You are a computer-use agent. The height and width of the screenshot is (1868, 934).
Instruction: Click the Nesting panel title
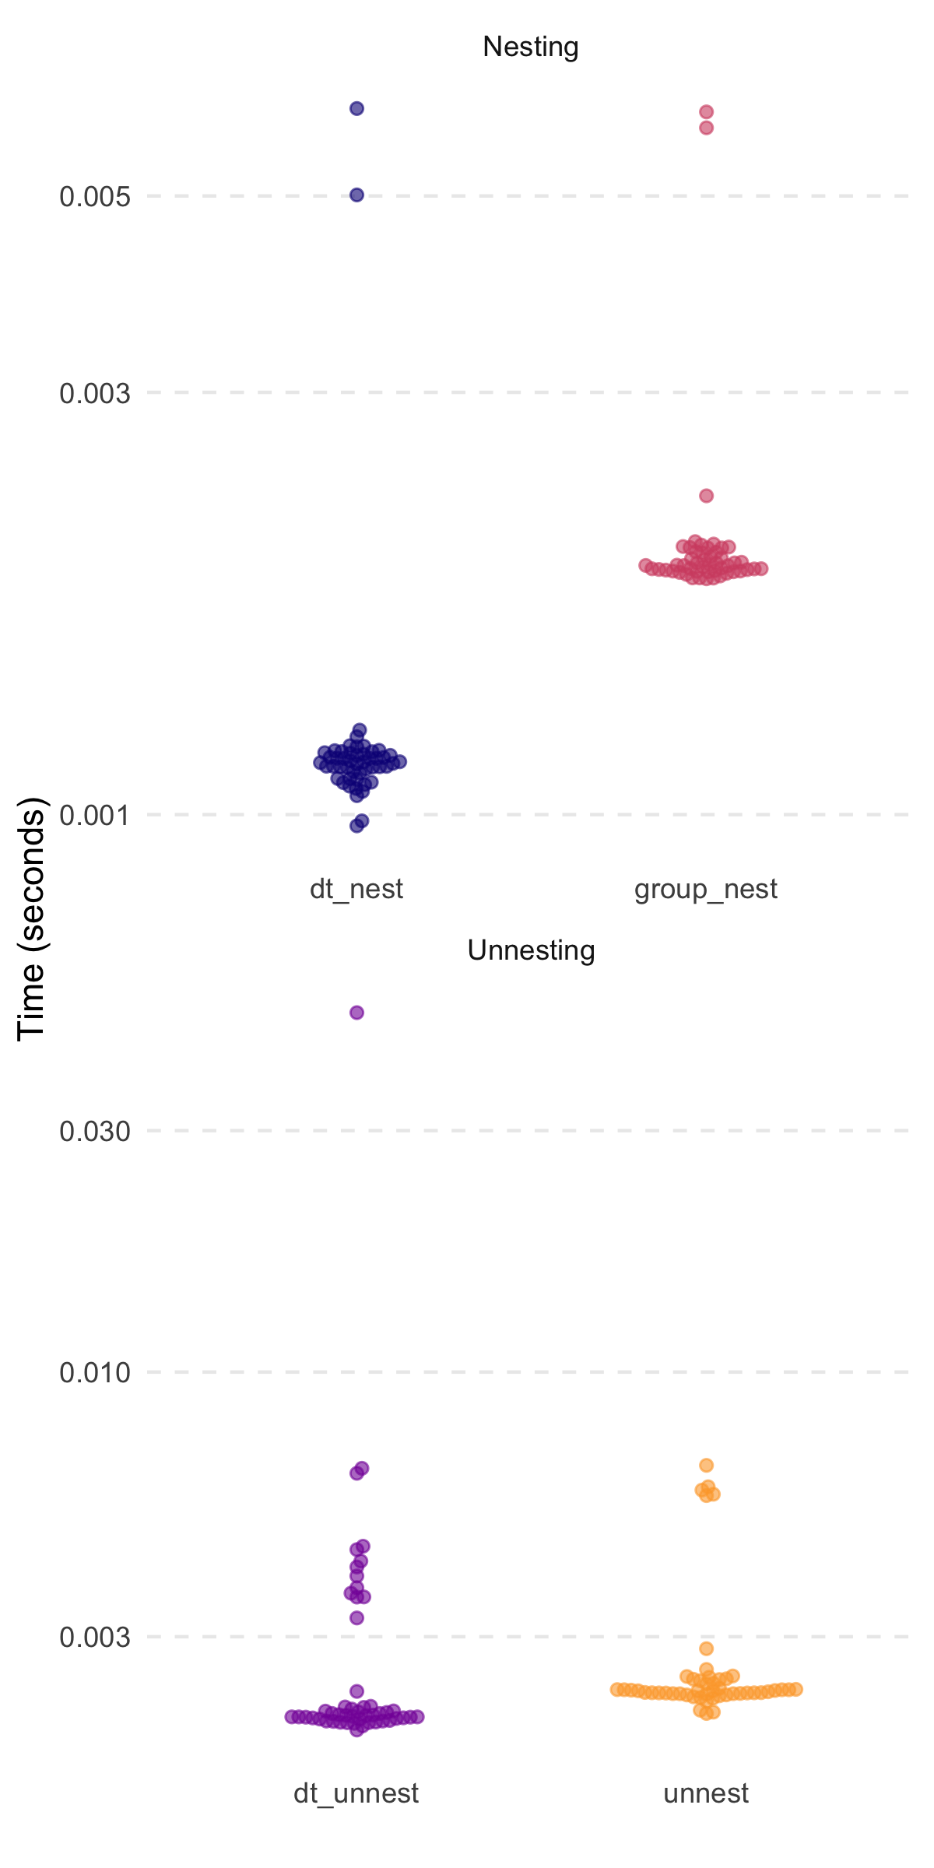[530, 47]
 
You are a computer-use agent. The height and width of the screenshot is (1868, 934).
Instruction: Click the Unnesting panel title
[531, 950]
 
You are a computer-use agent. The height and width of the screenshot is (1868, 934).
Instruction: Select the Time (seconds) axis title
[32, 918]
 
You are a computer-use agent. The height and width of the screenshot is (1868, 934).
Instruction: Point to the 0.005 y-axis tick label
[95, 197]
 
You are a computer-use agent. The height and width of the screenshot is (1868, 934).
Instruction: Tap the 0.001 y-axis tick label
[95, 816]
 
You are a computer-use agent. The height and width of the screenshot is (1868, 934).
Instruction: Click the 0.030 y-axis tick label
[95, 1131]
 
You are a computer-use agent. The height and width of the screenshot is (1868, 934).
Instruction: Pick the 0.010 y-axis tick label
[95, 1372]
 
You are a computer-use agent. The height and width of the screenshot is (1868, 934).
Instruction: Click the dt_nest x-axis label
[356, 889]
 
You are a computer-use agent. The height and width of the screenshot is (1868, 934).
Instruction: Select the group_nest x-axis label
[706, 889]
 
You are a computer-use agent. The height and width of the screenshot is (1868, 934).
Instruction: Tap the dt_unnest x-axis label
[356, 1793]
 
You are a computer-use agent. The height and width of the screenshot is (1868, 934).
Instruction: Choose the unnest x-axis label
[706, 1793]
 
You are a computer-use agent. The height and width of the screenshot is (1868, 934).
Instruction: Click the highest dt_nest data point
[356, 108]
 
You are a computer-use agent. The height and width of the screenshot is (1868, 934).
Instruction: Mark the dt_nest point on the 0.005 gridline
[356, 195]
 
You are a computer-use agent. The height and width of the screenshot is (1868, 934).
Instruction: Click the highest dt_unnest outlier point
[356, 1013]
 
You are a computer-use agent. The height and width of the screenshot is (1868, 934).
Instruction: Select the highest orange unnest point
[706, 1466]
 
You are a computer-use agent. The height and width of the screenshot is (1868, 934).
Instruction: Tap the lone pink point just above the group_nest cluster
[706, 496]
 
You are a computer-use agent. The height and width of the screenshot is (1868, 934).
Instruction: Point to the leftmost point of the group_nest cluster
[646, 565]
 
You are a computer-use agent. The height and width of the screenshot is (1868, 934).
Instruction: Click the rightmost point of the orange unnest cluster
[795, 1689]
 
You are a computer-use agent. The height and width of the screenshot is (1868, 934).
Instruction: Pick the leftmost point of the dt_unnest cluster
[291, 1716]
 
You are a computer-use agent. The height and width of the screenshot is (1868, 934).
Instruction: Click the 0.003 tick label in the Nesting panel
[95, 393]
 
